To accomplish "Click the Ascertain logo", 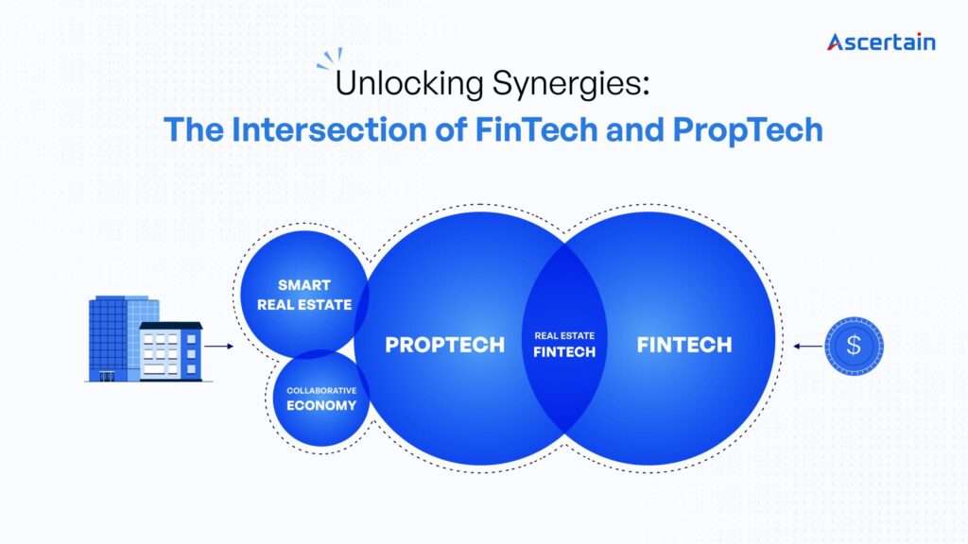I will (x=881, y=42).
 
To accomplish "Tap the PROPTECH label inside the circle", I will (x=444, y=345).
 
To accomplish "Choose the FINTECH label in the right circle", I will (x=683, y=345).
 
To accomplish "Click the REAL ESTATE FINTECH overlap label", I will (x=565, y=345).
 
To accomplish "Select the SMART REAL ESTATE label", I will (x=304, y=295).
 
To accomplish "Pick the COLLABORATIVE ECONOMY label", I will (x=322, y=398).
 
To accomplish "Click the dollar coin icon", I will (x=854, y=346).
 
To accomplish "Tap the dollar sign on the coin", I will (x=854, y=346).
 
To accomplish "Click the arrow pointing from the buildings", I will (x=218, y=346).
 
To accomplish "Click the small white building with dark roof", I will (x=170, y=351).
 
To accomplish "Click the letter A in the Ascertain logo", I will (x=837, y=42).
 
